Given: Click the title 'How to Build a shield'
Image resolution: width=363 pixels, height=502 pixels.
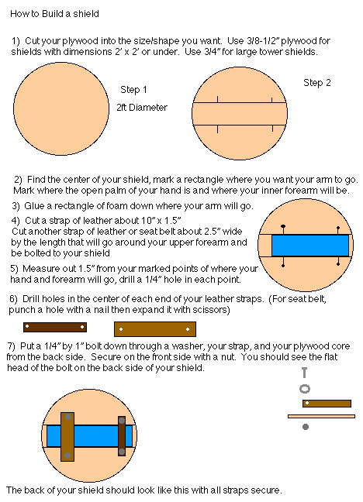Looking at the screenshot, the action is (x=54, y=14).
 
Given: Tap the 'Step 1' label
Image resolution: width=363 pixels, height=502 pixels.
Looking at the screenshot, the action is (x=133, y=90).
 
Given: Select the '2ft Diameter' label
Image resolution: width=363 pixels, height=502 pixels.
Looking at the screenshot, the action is (x=142, y=107).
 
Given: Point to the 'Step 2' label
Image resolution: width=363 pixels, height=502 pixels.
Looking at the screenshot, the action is (x=316, y=83).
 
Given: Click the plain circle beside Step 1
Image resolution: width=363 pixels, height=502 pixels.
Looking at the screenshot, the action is (x=61, y=109).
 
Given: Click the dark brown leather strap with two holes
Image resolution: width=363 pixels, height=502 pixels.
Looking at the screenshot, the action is (x=55, y=327).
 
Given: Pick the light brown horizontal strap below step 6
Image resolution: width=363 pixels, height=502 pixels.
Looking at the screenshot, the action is (x=155, y=329).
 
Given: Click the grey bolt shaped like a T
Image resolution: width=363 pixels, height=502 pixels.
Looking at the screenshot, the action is (x=304, y=373).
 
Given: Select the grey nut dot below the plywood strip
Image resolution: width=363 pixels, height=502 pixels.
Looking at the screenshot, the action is (x=306, y=426).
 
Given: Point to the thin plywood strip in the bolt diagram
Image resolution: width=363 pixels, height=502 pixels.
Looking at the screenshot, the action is (x=321, y=417).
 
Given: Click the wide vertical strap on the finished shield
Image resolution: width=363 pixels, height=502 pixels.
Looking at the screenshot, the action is (x=67, y=437).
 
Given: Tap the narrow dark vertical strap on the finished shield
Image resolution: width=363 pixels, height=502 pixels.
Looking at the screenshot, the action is (x=122, y=436).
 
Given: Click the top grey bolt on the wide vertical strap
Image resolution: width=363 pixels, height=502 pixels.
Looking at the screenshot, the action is (x=68, y=417).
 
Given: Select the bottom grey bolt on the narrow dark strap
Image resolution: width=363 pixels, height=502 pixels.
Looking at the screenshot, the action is (x=122, y=452).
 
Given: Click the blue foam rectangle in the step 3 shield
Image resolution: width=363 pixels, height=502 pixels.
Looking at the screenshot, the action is (x=310, y=246).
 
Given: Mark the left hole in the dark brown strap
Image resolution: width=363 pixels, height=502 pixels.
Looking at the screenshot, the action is (x=27, y=327).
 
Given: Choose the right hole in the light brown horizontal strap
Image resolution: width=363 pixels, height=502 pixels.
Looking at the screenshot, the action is (x=188, y=329).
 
